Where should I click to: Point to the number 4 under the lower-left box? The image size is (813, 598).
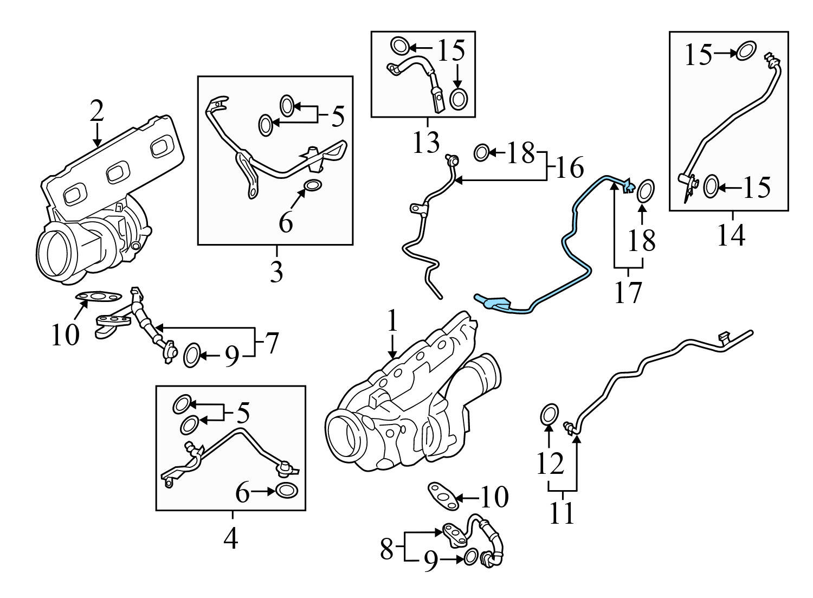point(231,538)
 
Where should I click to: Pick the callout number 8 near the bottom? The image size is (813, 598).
point(386,549)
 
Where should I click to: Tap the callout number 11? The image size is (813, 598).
point(562,513)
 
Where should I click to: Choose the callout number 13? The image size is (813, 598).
point(427,143)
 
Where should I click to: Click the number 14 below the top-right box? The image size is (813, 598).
point(731,235)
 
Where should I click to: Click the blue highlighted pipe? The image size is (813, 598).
point(575,228)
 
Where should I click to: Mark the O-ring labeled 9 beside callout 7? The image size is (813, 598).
point(192,356)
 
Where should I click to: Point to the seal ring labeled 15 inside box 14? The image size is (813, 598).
point(711,187)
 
